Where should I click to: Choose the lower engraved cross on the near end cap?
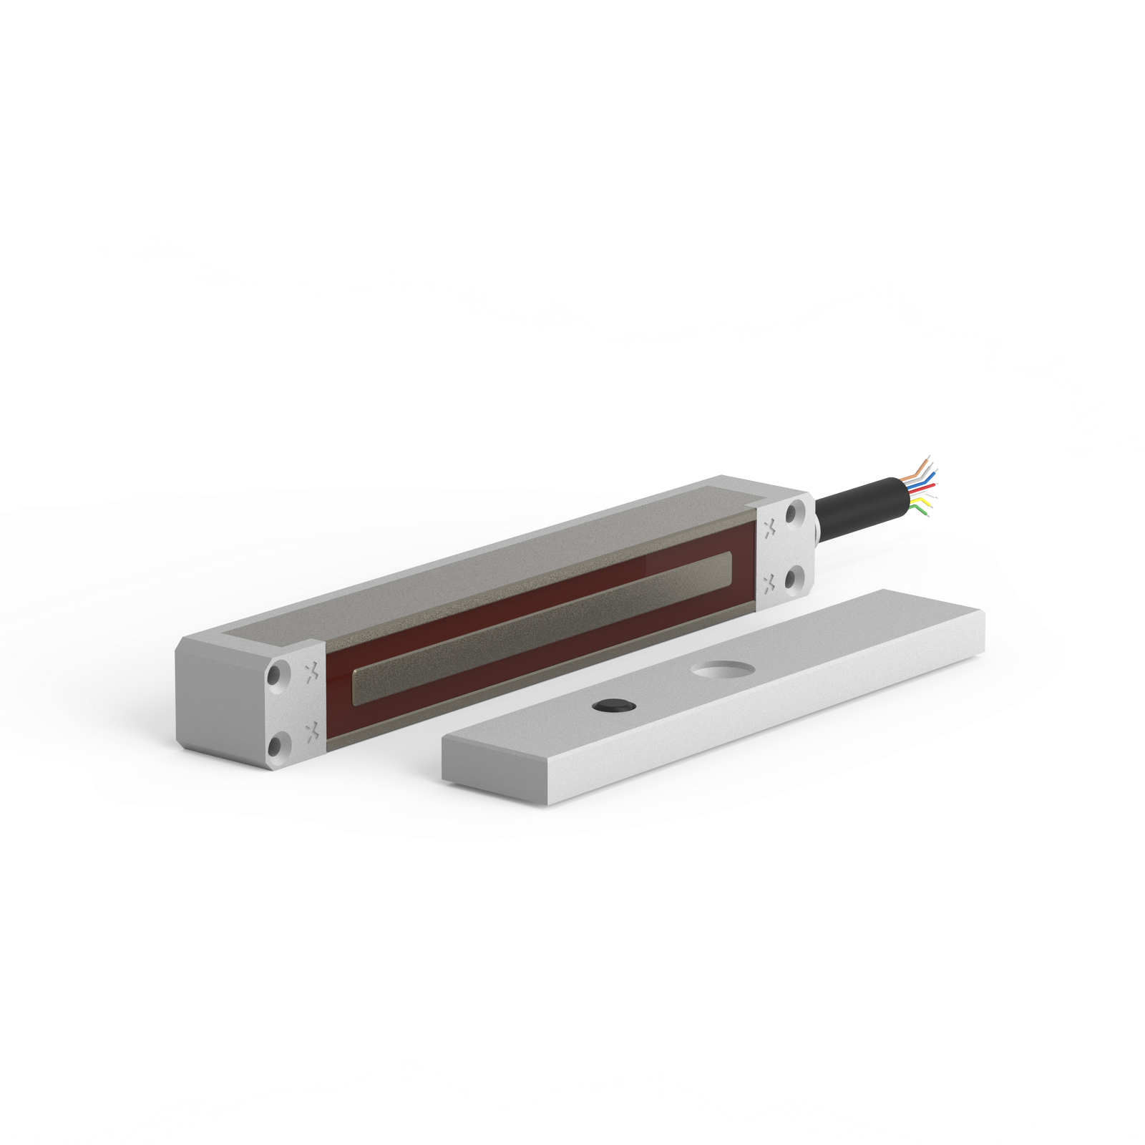pyautogui.click(x=311, y=731)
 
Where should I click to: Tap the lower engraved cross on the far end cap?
pyautogui.click(x=770, y=583)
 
